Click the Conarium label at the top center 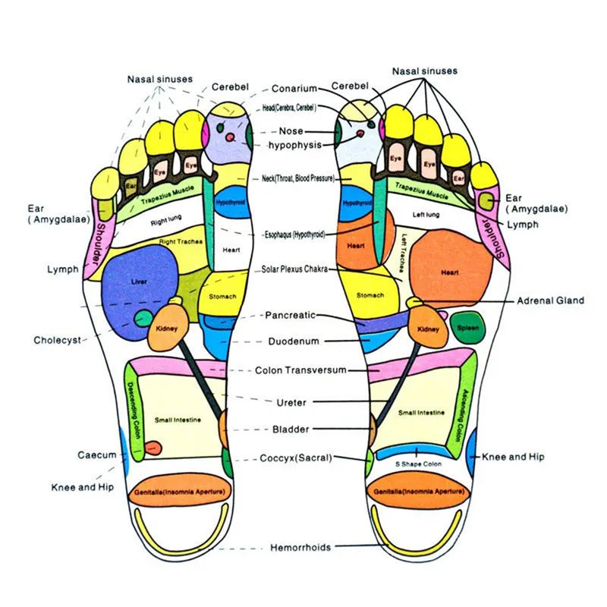294,89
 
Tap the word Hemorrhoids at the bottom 300,547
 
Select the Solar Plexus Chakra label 296,269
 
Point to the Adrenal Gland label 550,300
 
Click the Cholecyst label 57,340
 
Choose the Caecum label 97,455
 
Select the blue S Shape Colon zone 418,452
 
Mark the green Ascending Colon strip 461,410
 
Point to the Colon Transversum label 300,370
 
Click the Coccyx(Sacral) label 296,458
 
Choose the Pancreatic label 290,314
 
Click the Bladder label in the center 291,429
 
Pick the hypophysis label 295,144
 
